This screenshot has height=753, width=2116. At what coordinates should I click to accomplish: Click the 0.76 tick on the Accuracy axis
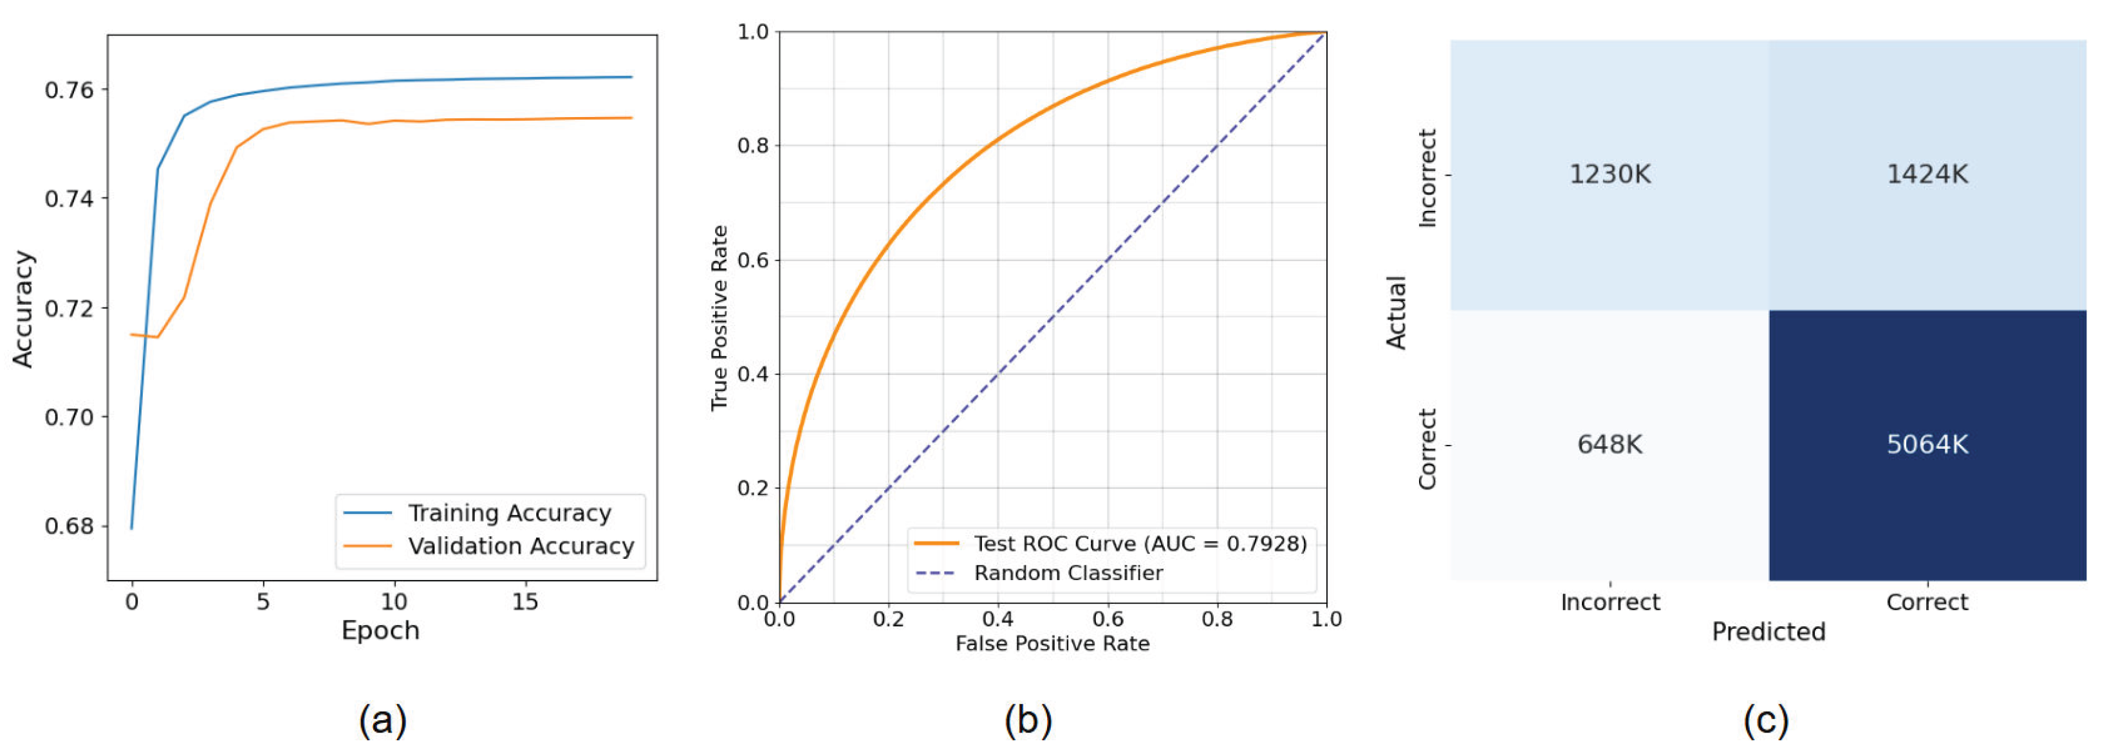pos(69,89)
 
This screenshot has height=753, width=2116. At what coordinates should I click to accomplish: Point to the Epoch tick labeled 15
pos(525,602)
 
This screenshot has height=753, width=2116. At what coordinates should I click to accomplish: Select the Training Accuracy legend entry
pos(509,513)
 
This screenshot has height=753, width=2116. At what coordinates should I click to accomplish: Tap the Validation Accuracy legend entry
pos(521,546)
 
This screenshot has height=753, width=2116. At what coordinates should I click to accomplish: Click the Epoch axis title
pos(380,631)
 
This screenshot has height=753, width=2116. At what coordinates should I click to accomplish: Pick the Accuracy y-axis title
pos(23,309)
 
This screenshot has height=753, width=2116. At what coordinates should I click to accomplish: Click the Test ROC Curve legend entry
pos(1139,543)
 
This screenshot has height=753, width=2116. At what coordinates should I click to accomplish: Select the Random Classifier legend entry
pos(1068,573)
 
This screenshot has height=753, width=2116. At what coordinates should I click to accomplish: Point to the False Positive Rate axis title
pos(1052,644)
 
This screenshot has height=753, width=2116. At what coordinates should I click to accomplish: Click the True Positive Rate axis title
pos(719,318)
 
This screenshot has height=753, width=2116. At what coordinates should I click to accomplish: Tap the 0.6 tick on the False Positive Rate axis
pos(1108,619)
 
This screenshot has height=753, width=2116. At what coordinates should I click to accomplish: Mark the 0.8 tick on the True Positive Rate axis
pos(752,146)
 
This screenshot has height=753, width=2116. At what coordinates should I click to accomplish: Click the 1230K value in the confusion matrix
pos(1609,174)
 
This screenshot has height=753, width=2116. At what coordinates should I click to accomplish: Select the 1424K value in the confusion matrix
pos(1927,174)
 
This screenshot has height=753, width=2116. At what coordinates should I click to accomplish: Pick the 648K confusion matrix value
pos(1609,444)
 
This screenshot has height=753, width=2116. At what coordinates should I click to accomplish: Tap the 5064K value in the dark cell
pos(1927,444)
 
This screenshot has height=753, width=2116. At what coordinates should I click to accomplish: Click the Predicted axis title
pos(1768,631)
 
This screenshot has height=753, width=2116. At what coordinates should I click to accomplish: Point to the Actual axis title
pos(1397,312)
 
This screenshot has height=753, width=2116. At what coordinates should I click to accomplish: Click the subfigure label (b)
pos(1028,720)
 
